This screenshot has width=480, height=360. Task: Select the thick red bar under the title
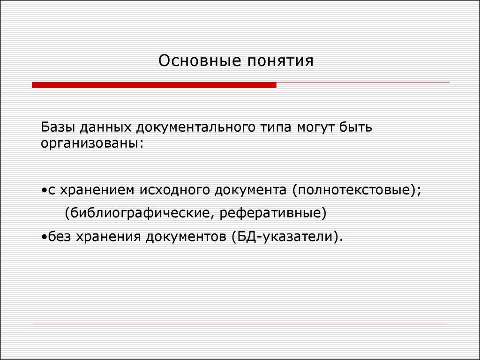pyautogui.click(x=154, y=85)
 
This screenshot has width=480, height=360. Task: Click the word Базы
pyautogui.click(x=59, y=127)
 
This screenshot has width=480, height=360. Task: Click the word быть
pyautogui.click(x=356, y=127)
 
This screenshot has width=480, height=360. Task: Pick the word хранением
pyautogui.click(x=97, y=191)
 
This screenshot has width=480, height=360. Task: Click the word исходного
pyautogui.click(x=174, y=191)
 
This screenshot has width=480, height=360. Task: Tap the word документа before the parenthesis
pyautogui.click(x=250, y=191)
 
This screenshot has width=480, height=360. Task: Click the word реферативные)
pyautogui.click(x=273, y=213)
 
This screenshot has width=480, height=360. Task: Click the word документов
pyautogui.click(x=186, y=237)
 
